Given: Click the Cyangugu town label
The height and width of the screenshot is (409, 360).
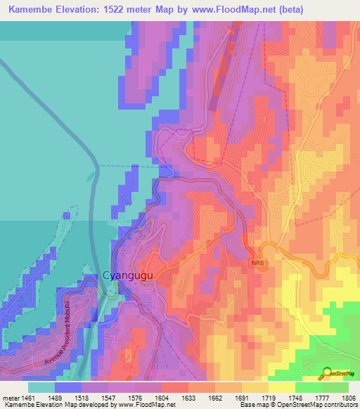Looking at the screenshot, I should tap(127, 276).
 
